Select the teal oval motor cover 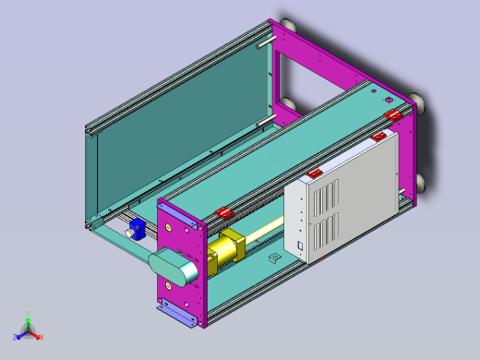(x=174, y=268)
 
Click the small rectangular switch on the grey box (x=300, y=246)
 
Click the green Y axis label (x=29, y=314)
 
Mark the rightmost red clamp (x=394, y=114)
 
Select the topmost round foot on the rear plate (x=287, y=25)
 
